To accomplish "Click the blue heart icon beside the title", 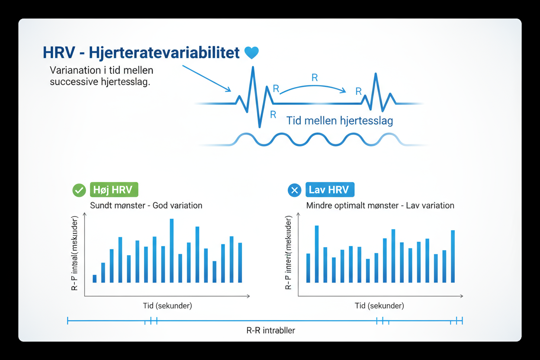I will click(251, 53).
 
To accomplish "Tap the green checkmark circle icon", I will click(79, 190).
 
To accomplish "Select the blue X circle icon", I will click(294, 190).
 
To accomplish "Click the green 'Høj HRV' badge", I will click(114, 190).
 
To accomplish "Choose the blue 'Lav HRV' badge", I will click(330, 190).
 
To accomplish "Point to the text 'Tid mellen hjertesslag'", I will click(340, 120).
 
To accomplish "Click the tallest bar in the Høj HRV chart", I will click(172, 251).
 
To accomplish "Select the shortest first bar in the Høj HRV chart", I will click(95, 278).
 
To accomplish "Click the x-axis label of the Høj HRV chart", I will click(167, 305).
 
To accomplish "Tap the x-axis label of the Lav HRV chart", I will click(379, 305).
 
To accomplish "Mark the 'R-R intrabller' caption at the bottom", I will click(271, 331).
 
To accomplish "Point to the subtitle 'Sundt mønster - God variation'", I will click(146, 205).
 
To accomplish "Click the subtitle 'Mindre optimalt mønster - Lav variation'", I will click(380, 205).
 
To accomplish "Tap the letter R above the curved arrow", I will click(315, 78).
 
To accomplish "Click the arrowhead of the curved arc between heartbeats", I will click(344, 91).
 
